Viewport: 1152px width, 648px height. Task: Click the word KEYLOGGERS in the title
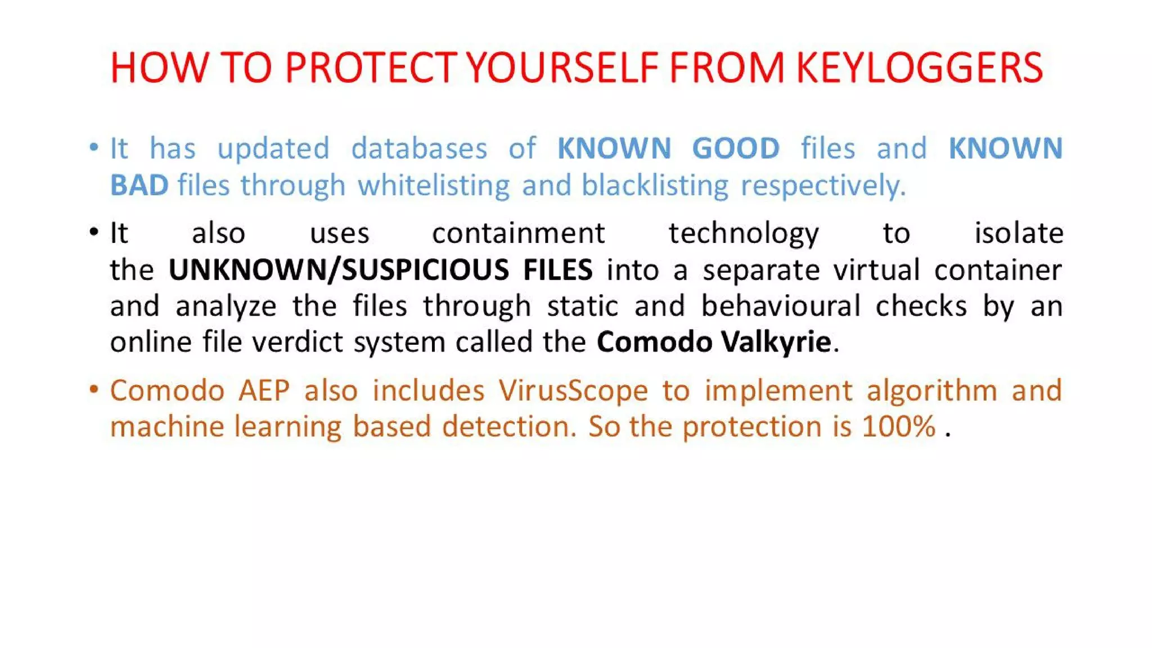[x=920, y=68]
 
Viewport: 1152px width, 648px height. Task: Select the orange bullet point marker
[x=94, y=389]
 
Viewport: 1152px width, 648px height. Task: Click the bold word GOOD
[x=736, y=149]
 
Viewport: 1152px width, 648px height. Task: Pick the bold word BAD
[x=139, y=185]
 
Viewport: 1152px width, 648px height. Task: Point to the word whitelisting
[x=434, y=185]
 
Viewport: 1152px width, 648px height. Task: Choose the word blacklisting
[x=655, y=185]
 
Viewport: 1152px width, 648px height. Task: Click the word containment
[x=518, y=233]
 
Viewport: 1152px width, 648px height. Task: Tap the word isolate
[x=1019, y=233]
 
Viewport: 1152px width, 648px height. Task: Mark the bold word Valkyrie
[x=776, y=342]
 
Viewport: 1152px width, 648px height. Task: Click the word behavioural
[x=781, y=306]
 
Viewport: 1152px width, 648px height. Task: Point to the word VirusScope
[x=573, y=390]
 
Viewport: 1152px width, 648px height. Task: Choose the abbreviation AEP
[x=264, y=390]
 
